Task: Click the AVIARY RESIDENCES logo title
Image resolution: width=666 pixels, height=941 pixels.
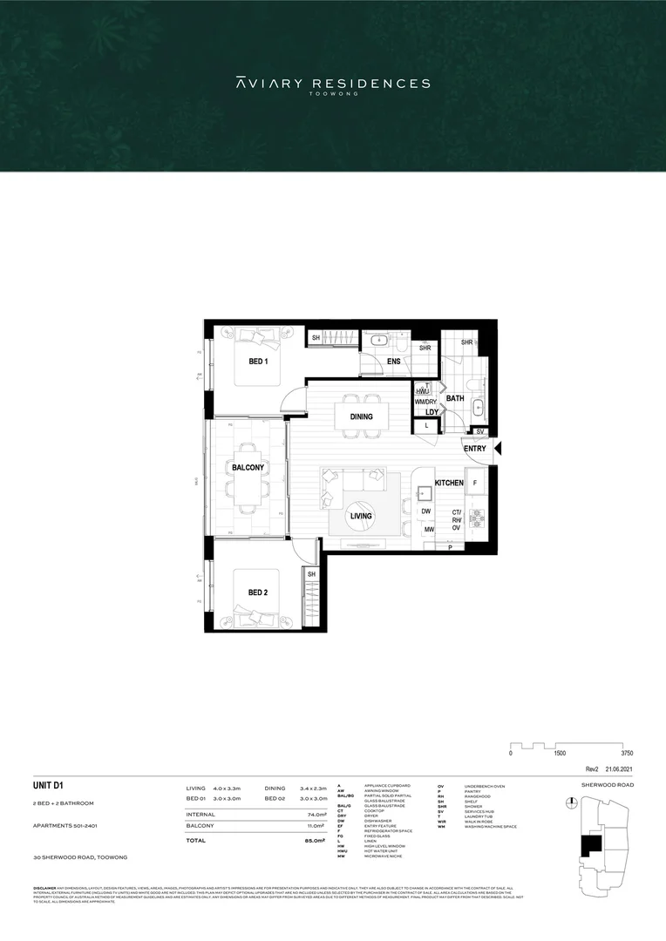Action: click(333, 84)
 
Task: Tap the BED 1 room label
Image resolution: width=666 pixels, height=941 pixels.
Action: click(258, 361)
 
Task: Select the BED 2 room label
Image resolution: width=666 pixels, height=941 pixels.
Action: click(257, 592)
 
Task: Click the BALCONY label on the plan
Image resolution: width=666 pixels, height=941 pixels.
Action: click(248, 468)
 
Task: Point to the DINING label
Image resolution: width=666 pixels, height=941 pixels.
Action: click(361, 416)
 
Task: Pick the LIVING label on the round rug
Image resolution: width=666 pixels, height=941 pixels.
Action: click(361, 516)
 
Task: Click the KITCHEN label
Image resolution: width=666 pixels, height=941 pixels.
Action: click(448, 482)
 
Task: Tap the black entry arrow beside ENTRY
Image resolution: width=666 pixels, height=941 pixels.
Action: click(498, 449)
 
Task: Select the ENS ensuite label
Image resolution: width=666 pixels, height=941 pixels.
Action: click(394, 361)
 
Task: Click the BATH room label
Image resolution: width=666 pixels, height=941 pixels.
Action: click(455, 398)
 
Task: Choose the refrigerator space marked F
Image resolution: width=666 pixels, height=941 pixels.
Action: click(475, 482)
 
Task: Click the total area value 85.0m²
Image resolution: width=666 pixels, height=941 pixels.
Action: click(302, 841)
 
